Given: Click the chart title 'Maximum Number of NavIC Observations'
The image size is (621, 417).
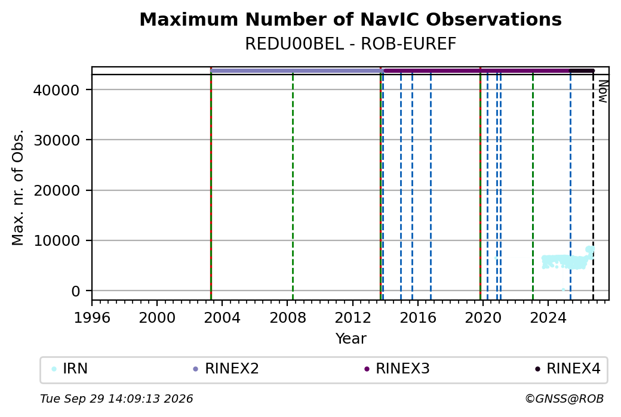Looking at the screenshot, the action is [x=351, y=19].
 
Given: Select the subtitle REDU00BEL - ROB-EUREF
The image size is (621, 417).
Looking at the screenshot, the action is [x=351, y=44].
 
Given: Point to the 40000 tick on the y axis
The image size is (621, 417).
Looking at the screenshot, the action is [x=56, y=90].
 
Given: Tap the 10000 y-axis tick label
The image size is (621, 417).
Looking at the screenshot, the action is [x=56, y=240].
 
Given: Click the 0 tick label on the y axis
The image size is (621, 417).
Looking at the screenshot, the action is [x=75, y=291].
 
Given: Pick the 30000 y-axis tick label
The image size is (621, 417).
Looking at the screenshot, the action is [x=56, y=140].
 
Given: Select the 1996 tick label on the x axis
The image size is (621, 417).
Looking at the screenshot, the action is [x=92, y=318].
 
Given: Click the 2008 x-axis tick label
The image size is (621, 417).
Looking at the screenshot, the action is [x=288, y=318].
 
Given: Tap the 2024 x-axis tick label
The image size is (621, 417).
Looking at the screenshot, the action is [x=548, y=318].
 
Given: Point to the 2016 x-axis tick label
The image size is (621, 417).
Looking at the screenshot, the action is [x=418, y=318].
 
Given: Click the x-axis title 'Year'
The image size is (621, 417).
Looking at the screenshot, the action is [x=351, y=339].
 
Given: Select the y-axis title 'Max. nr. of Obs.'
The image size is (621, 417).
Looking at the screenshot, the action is [x=18, y=187].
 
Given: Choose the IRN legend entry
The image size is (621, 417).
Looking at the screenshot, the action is [x=70, y=369].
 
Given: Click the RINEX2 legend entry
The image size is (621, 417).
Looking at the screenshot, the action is [x=226, y=369].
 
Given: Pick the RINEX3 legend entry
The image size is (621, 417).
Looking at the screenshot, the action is [x=396, y=369].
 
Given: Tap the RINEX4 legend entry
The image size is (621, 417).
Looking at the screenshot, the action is [x=567, y=369].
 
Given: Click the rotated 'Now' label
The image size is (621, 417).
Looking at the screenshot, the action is [x=602, y=91].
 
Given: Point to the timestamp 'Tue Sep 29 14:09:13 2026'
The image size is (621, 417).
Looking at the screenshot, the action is [x=116, y=399].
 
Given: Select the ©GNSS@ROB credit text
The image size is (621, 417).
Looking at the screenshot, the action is [x=564, y=399].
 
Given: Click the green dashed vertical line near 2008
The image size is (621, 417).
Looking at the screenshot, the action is [x=293, y=187].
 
